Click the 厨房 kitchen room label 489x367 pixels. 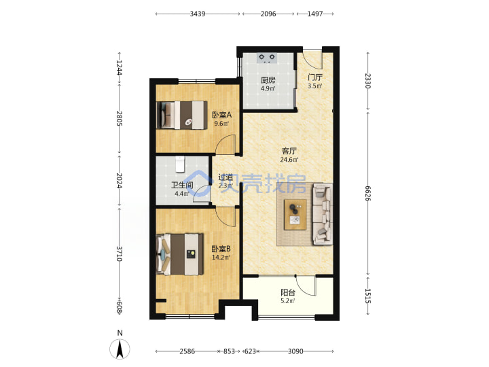[x=268, y=80]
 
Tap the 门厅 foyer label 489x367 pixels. [x=315, y=77]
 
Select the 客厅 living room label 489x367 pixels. [x=289, y=152]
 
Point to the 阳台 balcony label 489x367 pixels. [x=288, y=293]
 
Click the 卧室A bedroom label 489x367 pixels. [x=221, y=115]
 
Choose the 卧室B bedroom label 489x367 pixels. [x=221, y=249]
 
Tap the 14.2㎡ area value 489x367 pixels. [x=221, y=258]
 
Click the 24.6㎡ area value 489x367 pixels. [x=289, y=160]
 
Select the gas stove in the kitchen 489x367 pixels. [x=267, y=58]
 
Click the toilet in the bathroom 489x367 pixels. [x=180, y=164]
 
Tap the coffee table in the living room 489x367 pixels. [x=295, y=215]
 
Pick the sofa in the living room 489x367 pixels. [x=322, y=214]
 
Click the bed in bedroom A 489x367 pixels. [x=182, y=115]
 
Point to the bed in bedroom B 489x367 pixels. [x=180, y=254]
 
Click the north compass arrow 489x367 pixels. [x=120, y=349]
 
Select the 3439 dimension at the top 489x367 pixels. [x=198, y=14]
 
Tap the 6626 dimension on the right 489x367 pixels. [x=368, y=194]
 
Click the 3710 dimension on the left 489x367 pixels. [x=119, y=254]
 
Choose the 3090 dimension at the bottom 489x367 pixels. [x=295, y=351]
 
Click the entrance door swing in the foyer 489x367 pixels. [x=313, y=59]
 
